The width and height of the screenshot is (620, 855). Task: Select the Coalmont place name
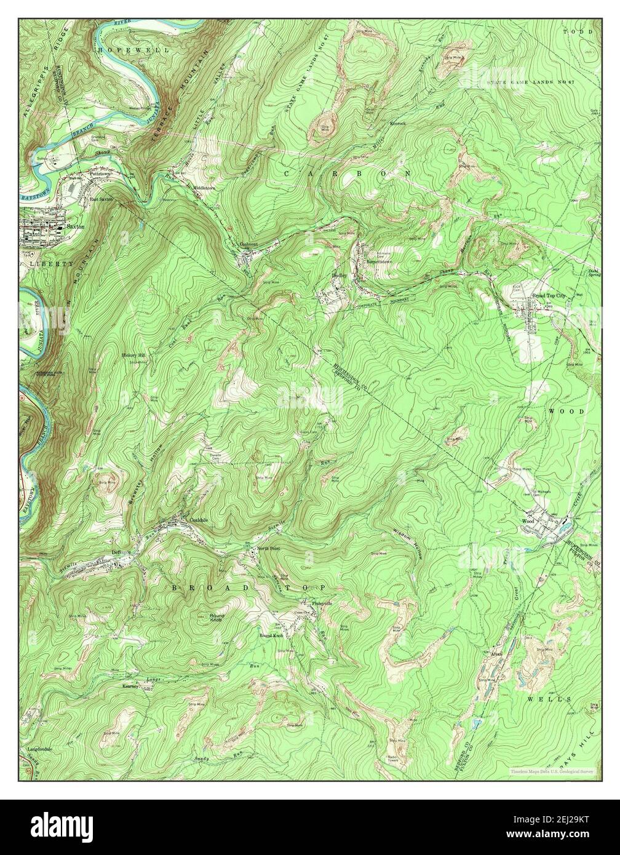click(248, 244)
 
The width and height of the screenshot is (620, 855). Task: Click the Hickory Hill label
click(132, 356)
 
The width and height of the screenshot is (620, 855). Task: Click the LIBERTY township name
click(50, 263)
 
